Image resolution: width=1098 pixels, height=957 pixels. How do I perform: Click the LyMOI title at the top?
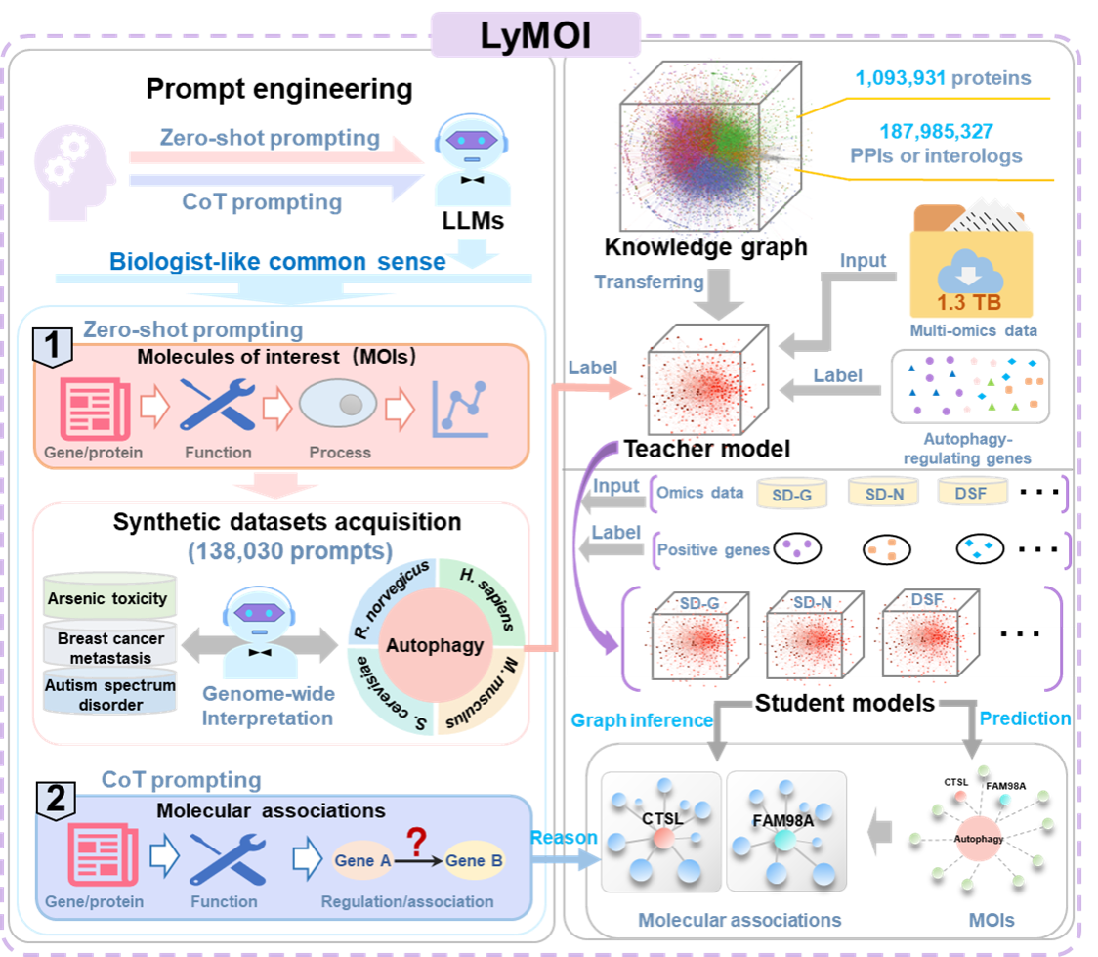point(535,34)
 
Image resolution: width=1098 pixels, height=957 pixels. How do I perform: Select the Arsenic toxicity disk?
point(106,599)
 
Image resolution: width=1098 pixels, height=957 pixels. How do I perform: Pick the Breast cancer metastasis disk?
point(110,647)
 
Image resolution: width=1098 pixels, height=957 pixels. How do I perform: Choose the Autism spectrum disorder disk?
point(110,695)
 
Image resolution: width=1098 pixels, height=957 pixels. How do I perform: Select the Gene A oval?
point(363,861)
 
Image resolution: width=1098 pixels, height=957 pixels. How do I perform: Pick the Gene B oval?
point(474,861)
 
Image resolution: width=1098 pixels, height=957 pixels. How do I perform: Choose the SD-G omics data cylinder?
point(791,494)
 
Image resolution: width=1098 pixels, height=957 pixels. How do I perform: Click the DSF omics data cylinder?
point(971,493)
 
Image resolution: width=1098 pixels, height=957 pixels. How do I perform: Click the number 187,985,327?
point(909,131)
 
